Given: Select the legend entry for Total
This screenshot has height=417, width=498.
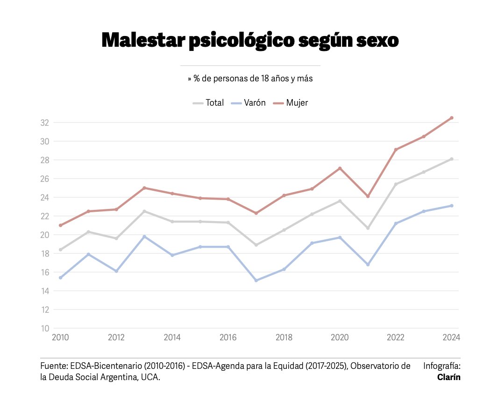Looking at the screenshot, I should pos(209,103).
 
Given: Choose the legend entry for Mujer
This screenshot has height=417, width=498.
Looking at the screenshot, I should pos(291,103).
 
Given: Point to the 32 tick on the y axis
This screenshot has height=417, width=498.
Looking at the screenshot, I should pos(44,122).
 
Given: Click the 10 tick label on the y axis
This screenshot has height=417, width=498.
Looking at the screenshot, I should pos(44,328).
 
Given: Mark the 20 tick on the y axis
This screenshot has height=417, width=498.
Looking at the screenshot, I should pos(44,235).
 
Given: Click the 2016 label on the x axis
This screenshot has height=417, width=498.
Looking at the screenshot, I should pos(228,338).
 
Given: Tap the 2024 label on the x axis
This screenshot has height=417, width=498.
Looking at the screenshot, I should pos(451,338).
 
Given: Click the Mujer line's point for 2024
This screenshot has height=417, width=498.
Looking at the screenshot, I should pos(452,118).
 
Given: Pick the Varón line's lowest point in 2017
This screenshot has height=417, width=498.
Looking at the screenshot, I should pos(256,280).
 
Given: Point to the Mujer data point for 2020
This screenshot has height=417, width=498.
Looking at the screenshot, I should pos(340,168).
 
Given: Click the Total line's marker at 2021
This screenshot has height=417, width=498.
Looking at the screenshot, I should pos(368,228).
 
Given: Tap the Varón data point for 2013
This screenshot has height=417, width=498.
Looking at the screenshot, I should pos(144,237).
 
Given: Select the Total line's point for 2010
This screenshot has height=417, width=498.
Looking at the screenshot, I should pos(60,250).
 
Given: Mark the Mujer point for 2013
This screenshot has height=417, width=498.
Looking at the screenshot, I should pos(144,188).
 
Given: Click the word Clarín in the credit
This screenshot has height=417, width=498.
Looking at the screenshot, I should pos(448,377).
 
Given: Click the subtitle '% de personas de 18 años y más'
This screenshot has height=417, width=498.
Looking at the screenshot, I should pos(250,79).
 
